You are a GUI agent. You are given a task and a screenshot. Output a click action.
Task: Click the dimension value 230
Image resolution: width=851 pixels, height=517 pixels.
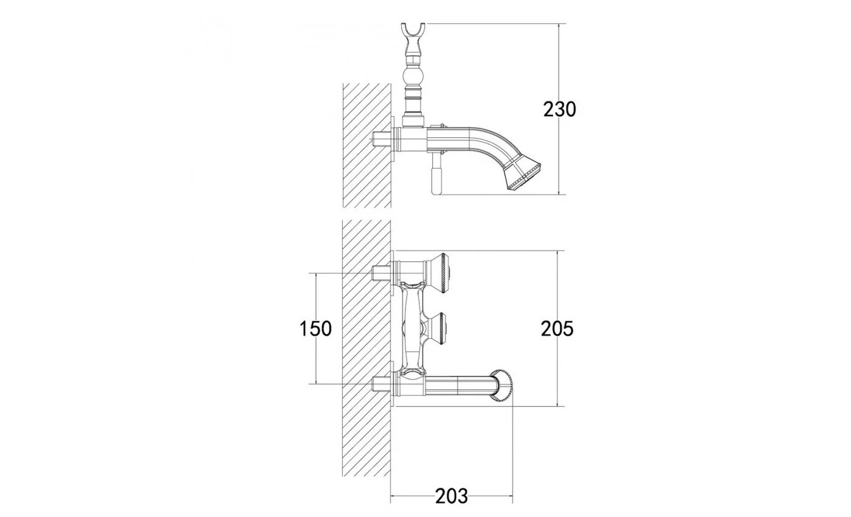(559, 109)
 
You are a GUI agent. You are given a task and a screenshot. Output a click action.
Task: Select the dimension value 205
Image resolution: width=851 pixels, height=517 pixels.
(557, 329)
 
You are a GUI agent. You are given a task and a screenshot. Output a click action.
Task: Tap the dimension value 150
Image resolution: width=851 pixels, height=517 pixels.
(315, 329)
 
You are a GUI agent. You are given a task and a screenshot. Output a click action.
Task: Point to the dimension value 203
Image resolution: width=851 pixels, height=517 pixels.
(451, 496)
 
